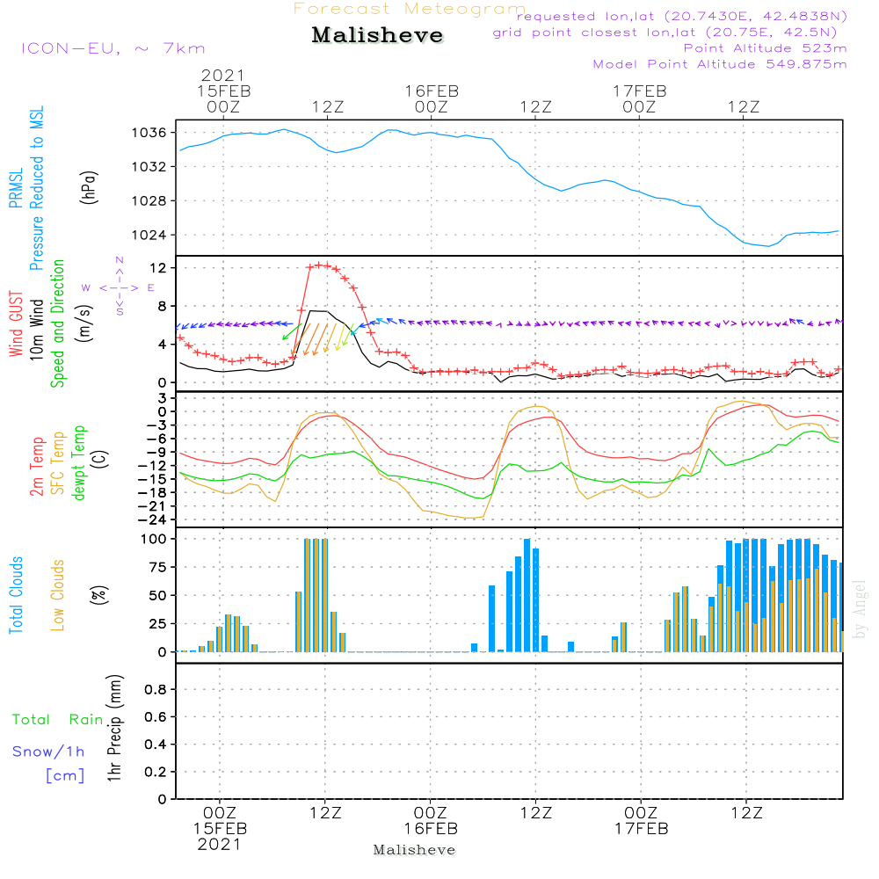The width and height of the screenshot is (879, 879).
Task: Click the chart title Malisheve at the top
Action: click(x=378, y=36)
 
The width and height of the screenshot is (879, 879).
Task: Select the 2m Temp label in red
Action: click(x=37, y=466)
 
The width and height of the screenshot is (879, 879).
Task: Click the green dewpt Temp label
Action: click(x=79, y=463)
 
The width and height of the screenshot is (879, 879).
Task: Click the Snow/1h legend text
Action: click(x=49, y=752)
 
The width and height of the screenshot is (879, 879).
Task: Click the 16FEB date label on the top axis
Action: click(x=432, y=91)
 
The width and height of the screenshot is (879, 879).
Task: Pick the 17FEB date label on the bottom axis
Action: click(x=641, y=830)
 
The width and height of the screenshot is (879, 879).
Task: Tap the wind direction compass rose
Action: click(x=120, y=287)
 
